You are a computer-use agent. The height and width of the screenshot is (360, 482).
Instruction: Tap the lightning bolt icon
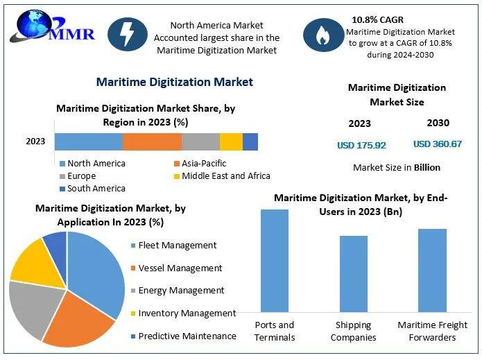(128, 35)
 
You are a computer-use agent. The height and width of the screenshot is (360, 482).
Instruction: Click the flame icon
(324, 35)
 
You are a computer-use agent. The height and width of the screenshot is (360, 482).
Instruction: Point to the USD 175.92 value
(361, 145)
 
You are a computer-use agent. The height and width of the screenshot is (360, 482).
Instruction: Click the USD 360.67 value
(438, 144)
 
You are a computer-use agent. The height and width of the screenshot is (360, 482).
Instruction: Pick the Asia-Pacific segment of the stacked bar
(152, 142)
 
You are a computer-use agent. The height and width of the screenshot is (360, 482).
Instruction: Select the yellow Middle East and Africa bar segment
(231, 142)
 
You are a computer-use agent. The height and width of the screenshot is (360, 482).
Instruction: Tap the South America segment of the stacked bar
(250, 142)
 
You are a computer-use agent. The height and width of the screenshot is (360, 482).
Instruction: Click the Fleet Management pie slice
(97, 271)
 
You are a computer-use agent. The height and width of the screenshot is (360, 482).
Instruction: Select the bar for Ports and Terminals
(275, 261)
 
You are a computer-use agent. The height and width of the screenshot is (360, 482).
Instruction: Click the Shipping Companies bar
(354, 274)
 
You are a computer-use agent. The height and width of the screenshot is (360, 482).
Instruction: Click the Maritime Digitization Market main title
(174, 82)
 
